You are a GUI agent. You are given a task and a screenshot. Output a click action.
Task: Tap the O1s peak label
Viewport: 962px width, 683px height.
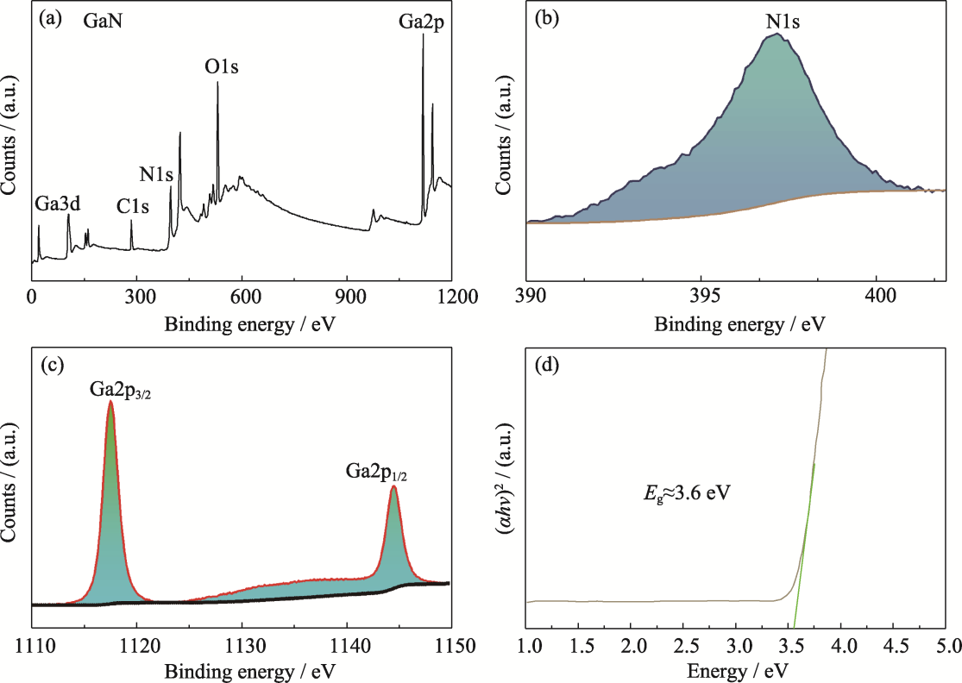click(x=222, y=66)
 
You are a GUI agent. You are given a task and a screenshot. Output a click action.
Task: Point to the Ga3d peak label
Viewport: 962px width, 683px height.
click(x=58, y=204)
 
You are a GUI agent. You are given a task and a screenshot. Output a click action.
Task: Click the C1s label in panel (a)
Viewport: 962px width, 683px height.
click(x=133, y=206)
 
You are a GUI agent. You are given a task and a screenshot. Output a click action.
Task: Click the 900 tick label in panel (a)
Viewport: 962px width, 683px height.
click(x=348, y=297)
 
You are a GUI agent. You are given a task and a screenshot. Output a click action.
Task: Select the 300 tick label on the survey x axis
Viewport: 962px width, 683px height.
click(x=136, y=297)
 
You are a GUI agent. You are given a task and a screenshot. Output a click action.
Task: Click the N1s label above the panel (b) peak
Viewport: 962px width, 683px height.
click(x=783, y=22)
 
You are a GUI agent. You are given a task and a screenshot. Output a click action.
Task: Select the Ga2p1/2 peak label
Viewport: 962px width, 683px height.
click(x=375, y=472)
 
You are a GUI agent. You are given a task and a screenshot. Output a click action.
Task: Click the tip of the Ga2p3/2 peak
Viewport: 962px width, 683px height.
click(x=110, y=401)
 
